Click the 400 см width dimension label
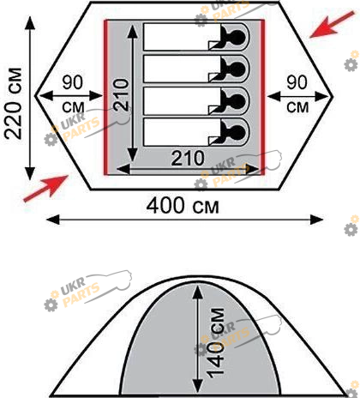183,206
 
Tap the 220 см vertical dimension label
14,104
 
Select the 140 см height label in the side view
215,343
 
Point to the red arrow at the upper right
333,25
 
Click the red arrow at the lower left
45,189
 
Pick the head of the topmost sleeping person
236,37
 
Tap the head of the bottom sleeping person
236,132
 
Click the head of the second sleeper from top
236,69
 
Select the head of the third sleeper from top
236,100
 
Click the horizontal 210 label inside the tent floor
188,158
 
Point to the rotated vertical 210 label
121,94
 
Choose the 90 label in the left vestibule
73,82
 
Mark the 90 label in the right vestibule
297,82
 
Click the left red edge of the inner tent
105,97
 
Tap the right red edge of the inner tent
262,97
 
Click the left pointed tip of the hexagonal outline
35,96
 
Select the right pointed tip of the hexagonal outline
333,96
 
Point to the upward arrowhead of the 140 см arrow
197,291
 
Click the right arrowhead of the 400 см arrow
317,220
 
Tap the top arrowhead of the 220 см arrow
30,23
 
